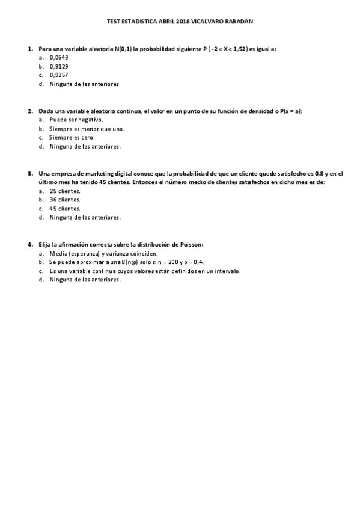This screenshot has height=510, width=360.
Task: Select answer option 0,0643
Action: tap(59, 57)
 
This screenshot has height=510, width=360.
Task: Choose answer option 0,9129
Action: tap(59, 66)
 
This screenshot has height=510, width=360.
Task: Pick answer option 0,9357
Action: tap(59, 75)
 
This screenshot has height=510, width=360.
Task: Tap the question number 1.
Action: tap(29, 48)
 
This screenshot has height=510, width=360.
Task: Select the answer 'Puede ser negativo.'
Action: tap(76, 120)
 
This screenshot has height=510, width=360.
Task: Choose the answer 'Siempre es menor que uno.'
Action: tap(87, 129)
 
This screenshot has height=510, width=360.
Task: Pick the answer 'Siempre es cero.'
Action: tap(72, 137)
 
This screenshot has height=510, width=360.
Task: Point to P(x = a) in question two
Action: tap(290, 111)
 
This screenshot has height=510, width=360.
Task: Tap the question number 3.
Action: tap(29, 173)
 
